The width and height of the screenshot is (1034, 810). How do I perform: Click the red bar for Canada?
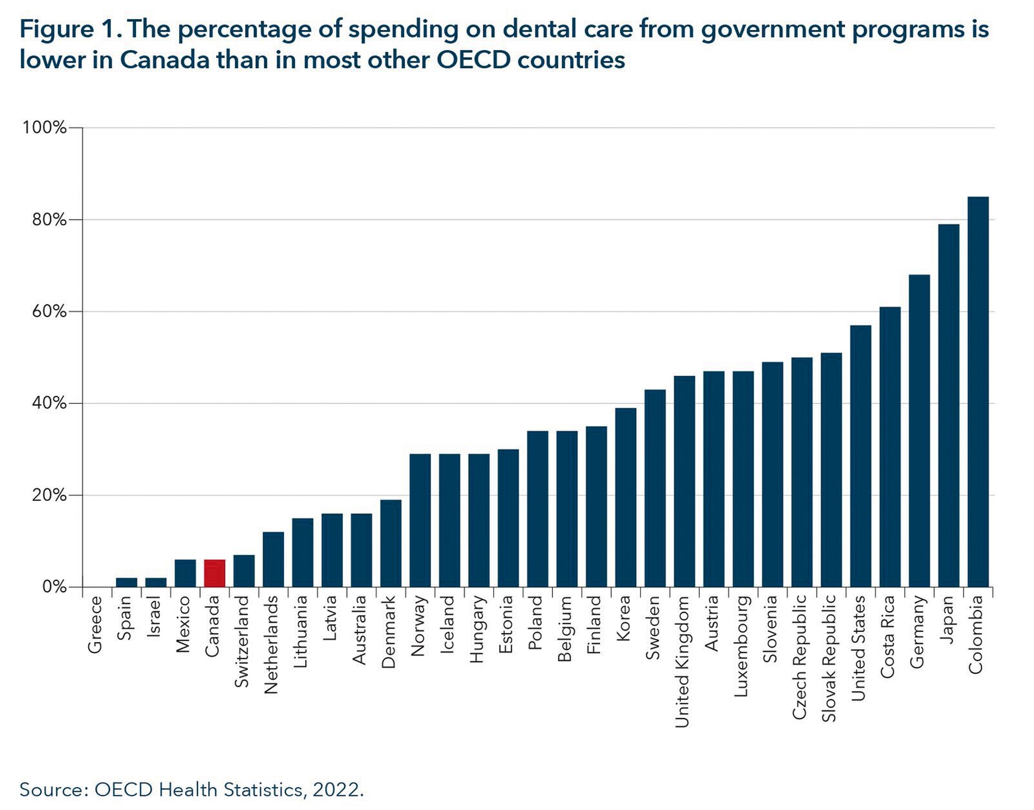[214, 573]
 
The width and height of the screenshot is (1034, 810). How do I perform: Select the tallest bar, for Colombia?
[978, 392]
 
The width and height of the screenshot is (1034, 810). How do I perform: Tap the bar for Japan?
[949, 406]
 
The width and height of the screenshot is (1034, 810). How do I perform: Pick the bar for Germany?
[919, 431]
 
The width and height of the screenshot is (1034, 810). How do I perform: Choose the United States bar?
[860, 456]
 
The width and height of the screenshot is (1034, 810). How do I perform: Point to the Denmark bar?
[391, 543]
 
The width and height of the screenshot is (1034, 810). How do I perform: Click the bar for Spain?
[126, 582]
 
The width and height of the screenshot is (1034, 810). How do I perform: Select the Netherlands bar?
[273, 560]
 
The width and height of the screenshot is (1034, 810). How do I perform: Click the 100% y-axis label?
[44, 128]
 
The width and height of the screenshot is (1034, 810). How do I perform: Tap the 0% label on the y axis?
[54, 587]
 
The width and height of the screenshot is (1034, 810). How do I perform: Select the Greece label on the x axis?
[95, 625]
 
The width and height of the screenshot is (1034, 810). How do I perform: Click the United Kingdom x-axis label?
[682, 662]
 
